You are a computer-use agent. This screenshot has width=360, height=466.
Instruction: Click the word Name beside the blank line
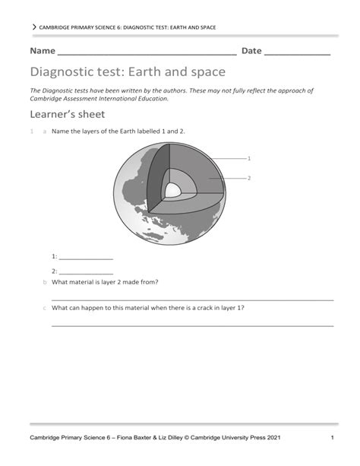click(43, 51)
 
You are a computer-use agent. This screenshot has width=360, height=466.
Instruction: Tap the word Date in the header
click(251, 51)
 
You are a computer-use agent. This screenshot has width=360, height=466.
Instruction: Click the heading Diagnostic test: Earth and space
click(128, 72)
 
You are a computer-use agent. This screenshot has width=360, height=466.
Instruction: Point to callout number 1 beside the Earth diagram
click(248, 158)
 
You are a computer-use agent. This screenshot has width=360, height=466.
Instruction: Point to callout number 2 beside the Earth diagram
click(248, 178)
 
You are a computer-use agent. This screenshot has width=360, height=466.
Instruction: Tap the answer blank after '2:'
click(85, 272)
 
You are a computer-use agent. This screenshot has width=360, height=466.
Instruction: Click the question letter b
click(44, 282)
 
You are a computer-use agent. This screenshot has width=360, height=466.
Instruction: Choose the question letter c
click(44, 309)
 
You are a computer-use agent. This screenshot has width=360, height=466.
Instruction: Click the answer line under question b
click(192, 300)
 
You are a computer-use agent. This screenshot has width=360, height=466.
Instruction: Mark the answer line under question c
click(192, 326)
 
